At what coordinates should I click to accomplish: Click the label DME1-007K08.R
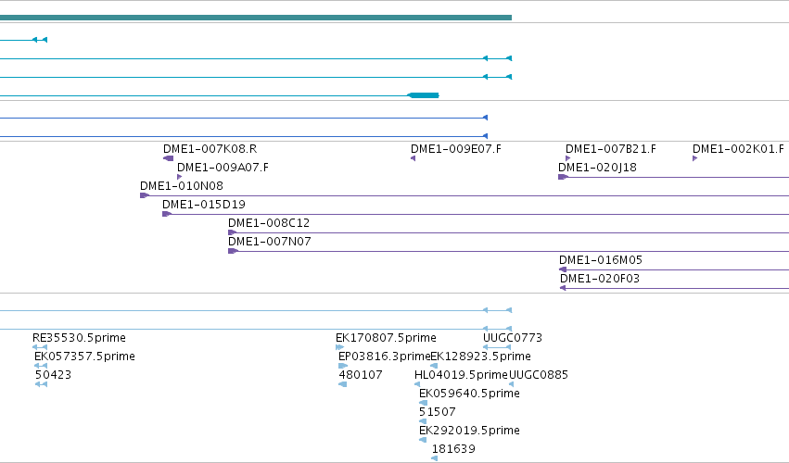(x=210, y=149)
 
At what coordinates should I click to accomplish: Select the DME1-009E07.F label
(x=456, y=149)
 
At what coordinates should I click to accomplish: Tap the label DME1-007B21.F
(x=611, y=149)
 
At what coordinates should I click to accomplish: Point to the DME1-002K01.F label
(x=738, y=149)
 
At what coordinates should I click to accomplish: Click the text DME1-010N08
(x=182, y=186)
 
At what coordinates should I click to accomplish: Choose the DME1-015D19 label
(x=204, y=205)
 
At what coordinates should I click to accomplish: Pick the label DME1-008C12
(x=269, y=223)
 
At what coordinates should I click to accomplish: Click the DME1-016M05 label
(x=601, y=260)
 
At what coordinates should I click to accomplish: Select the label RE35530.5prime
(x=79, y=338)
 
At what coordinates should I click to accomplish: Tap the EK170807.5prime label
(x=386, y=338)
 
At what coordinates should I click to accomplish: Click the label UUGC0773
(x=513, y=338)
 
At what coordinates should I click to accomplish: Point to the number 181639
(x=453, y=449)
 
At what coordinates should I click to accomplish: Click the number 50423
(x=54, y=375)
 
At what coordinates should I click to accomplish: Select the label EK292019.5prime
(x=469, y=431)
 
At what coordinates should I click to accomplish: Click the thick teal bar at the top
(x=256, y=18)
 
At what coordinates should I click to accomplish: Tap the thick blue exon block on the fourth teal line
(x=423, y=95)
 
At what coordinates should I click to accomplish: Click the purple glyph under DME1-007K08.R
(x=168, y=158)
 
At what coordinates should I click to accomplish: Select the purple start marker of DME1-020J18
(x=563, y=177)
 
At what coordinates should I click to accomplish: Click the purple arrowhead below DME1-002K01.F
(x=695, y=158)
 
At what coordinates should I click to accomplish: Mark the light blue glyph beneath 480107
(x=343, y=384)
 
